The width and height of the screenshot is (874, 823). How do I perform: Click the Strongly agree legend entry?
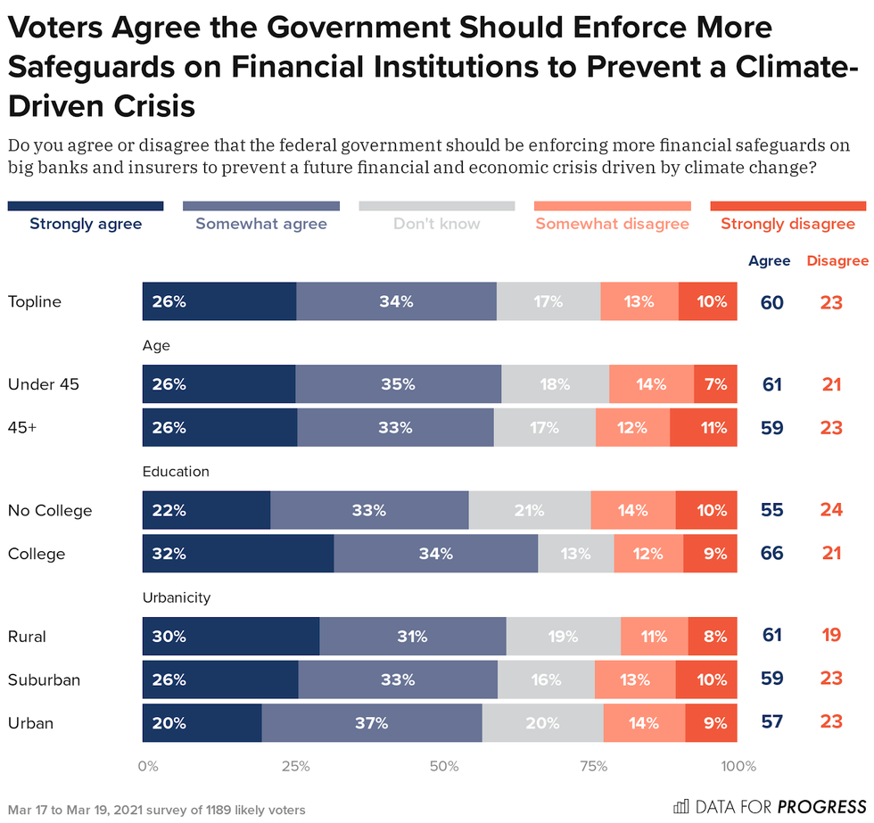tap(86, 224)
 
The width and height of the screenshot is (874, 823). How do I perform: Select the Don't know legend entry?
tap(437, 224)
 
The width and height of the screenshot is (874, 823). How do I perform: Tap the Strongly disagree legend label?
tap(787, 224)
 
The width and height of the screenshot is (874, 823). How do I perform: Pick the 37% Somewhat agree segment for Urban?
tap(372, 722)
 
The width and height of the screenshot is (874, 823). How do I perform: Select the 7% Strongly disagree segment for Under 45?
tap(715, 384)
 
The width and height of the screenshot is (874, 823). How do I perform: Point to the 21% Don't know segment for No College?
tap(530, 511)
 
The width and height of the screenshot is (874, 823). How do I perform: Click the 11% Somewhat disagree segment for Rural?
tap(654, 637)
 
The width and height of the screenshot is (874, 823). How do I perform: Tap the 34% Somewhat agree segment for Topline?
tap(396, 301)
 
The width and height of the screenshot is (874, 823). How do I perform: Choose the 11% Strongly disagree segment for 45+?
tap(704, 427)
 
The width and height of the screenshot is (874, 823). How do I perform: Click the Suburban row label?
tap(44, 679)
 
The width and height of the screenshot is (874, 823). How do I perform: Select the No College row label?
tap(50, 511)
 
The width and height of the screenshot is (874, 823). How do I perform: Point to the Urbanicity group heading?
tap(176, 597)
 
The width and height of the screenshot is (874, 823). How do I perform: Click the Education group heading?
tap(176, 471)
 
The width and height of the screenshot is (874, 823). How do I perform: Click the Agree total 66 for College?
tap(771, 554)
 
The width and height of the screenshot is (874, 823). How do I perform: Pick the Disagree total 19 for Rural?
tap(831, 637)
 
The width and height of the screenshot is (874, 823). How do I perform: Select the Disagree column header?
tap(837, 261)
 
